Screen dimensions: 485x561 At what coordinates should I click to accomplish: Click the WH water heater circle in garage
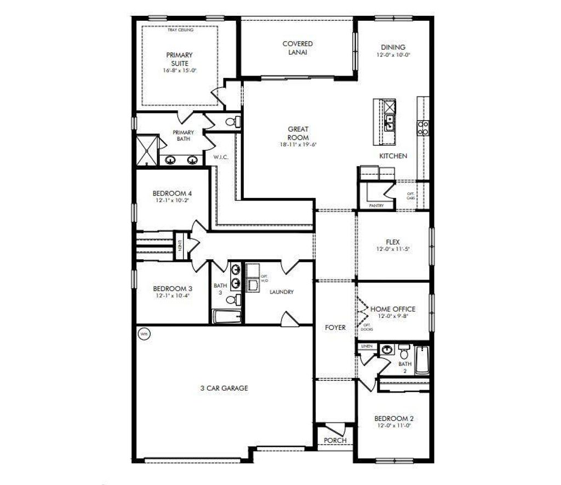tap(144, 333)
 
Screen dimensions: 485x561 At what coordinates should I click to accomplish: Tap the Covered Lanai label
tap(297, 48)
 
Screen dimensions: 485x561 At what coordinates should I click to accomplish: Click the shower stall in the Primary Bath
tap(146, 149)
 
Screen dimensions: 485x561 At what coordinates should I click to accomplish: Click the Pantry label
tap(376, 206)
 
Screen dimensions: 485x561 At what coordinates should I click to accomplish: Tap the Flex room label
tap(393, 242)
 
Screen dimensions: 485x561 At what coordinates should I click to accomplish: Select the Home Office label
tap(393, 309)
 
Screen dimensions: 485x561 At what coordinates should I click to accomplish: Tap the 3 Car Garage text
tap(224, 388)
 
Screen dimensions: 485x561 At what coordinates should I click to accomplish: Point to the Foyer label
tap(335, 327)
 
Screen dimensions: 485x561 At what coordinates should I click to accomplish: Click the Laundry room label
tap(282, 292)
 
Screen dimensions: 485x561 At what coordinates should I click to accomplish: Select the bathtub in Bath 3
tap(226, 316)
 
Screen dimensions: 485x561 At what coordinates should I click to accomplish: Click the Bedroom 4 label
tap(172, 193)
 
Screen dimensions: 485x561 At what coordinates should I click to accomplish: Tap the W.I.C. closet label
tap(221, 157)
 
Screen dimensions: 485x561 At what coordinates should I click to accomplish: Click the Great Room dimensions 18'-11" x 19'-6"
tap(298, 145)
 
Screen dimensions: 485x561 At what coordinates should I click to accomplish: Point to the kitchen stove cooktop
tap(423, 127)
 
